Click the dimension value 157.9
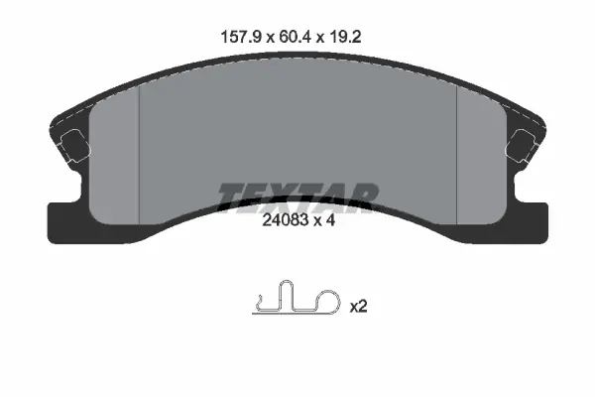[x=241, y=38]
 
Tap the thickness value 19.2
[x=345, y=38]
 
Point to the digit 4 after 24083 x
[x=330, y=220]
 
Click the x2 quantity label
[x=358, y=307]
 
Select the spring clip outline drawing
[x=297, y=298]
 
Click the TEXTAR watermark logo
[x=297, y=198]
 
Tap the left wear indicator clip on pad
[x=75, y=146]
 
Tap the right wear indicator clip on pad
[x=521, y=146]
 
